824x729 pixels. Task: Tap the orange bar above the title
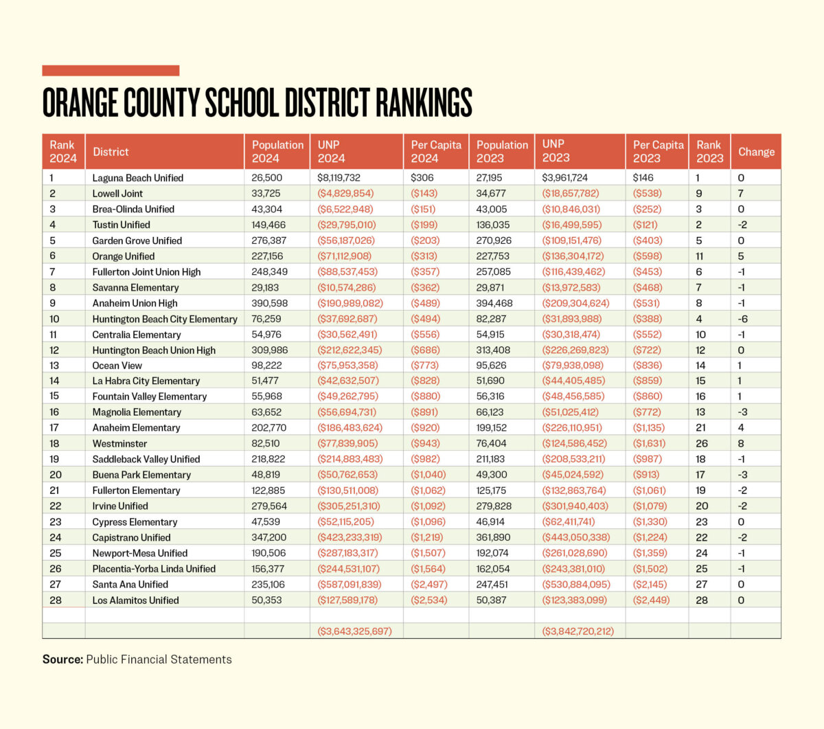pyautogui.click(x=111, y=70)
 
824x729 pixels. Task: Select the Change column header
pyautogui.click(x=756, y=152)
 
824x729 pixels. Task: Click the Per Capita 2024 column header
pyautogui.click(x=435, y=151)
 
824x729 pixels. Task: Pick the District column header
pyautogui.click(x=111, y=152)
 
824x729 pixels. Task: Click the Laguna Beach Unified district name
pyautogui.click(x=137, y=178)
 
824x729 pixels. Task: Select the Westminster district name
pyautogui.click(x=119, y=443)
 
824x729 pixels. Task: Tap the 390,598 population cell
pyautogui.click(x=269, y=303)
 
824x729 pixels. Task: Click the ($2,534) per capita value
pyautogui.click(x=428, y=600)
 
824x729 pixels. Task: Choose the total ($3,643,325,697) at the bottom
pyautogui.click(x=354, y=631)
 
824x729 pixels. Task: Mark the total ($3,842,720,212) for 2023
pyautogui.click(x=577, y=631)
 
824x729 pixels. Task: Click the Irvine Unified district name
pyautogui.click(x=120, y=506)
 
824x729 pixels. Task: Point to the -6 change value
pyautogui.click(x=742, y=319)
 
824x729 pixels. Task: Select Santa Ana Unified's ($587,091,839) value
pyautogui.click(x=349, y=584)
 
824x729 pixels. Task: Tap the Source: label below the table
pyautogui.click(x=62, y=660)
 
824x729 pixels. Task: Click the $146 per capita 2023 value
pyautogui.click(x=642, y=178)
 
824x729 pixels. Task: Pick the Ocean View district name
pyautogui.click(x=117, y=366)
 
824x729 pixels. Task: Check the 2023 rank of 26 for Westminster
pyautogui.click(x=700, y=443)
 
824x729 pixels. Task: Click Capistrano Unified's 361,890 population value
pyautogui.click(x=493, y=537)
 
